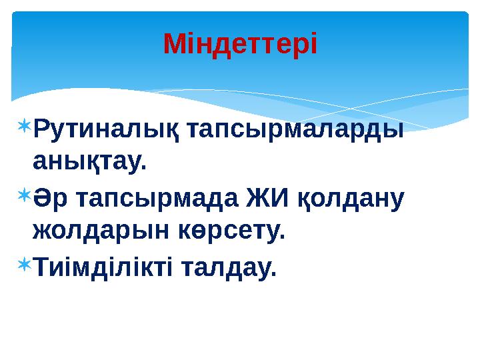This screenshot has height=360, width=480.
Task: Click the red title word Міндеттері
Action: click(240, 45)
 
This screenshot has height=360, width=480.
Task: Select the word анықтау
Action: click(87, 162)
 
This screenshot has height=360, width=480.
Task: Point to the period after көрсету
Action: click(281, 239)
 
